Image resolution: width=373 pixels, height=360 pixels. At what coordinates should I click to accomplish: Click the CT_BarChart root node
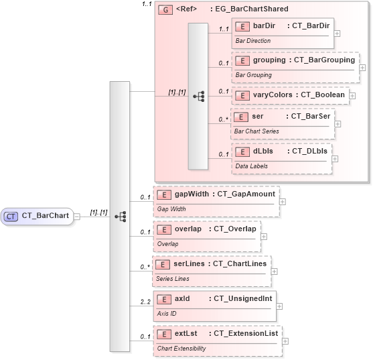coord(37,216)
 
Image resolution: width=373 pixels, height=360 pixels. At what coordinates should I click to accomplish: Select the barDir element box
coord(282,32)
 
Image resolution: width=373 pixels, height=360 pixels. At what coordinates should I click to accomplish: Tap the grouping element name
coord(269,60)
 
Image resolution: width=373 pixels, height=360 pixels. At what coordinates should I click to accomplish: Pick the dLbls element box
coord(282,157)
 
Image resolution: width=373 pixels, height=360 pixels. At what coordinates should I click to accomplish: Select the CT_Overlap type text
coord(234,229)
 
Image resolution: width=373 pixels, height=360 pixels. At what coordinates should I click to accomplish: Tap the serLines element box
coord(211,269)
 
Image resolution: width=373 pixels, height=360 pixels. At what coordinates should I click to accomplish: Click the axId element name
coord(182,298)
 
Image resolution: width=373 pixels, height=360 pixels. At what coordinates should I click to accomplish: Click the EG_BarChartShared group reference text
coord(249,9)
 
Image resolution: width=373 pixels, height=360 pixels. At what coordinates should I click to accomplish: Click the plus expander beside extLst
coord(286,341)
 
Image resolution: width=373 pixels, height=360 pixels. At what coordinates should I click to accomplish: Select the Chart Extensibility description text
coord(181,349)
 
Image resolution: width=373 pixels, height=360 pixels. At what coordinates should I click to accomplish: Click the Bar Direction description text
coord(252,41)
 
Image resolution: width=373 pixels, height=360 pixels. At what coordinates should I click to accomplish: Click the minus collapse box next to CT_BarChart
coord(78,216)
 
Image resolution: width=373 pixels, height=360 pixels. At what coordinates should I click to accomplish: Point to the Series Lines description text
coord(173,279)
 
